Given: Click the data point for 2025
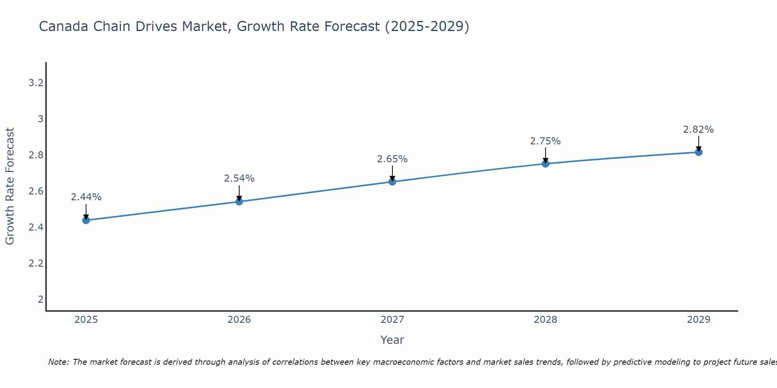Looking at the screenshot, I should coord(86,220).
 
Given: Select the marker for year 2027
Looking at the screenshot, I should coord(392,182).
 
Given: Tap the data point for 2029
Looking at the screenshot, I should coord(699,152).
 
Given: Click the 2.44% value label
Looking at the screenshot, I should coord(86,197).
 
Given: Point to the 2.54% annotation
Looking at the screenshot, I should coord(239,178).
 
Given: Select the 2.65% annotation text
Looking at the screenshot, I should coord(392,159).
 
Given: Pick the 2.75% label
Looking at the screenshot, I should coord(545,141).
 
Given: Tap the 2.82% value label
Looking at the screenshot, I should coord(699,130).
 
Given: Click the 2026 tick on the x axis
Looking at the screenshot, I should coord(239,320).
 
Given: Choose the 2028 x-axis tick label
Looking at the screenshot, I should coord(545,320).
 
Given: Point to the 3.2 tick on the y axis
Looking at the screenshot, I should coord(36,83).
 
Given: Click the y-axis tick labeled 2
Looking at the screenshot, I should coord(40,299).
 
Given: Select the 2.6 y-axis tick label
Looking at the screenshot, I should coord(36,191).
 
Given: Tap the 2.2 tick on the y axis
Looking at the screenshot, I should coord(36,263).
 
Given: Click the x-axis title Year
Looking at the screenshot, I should coord(392,340).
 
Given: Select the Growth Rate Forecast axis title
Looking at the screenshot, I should coord(10,186).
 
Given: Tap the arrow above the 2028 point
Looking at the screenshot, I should coord(545,155).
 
